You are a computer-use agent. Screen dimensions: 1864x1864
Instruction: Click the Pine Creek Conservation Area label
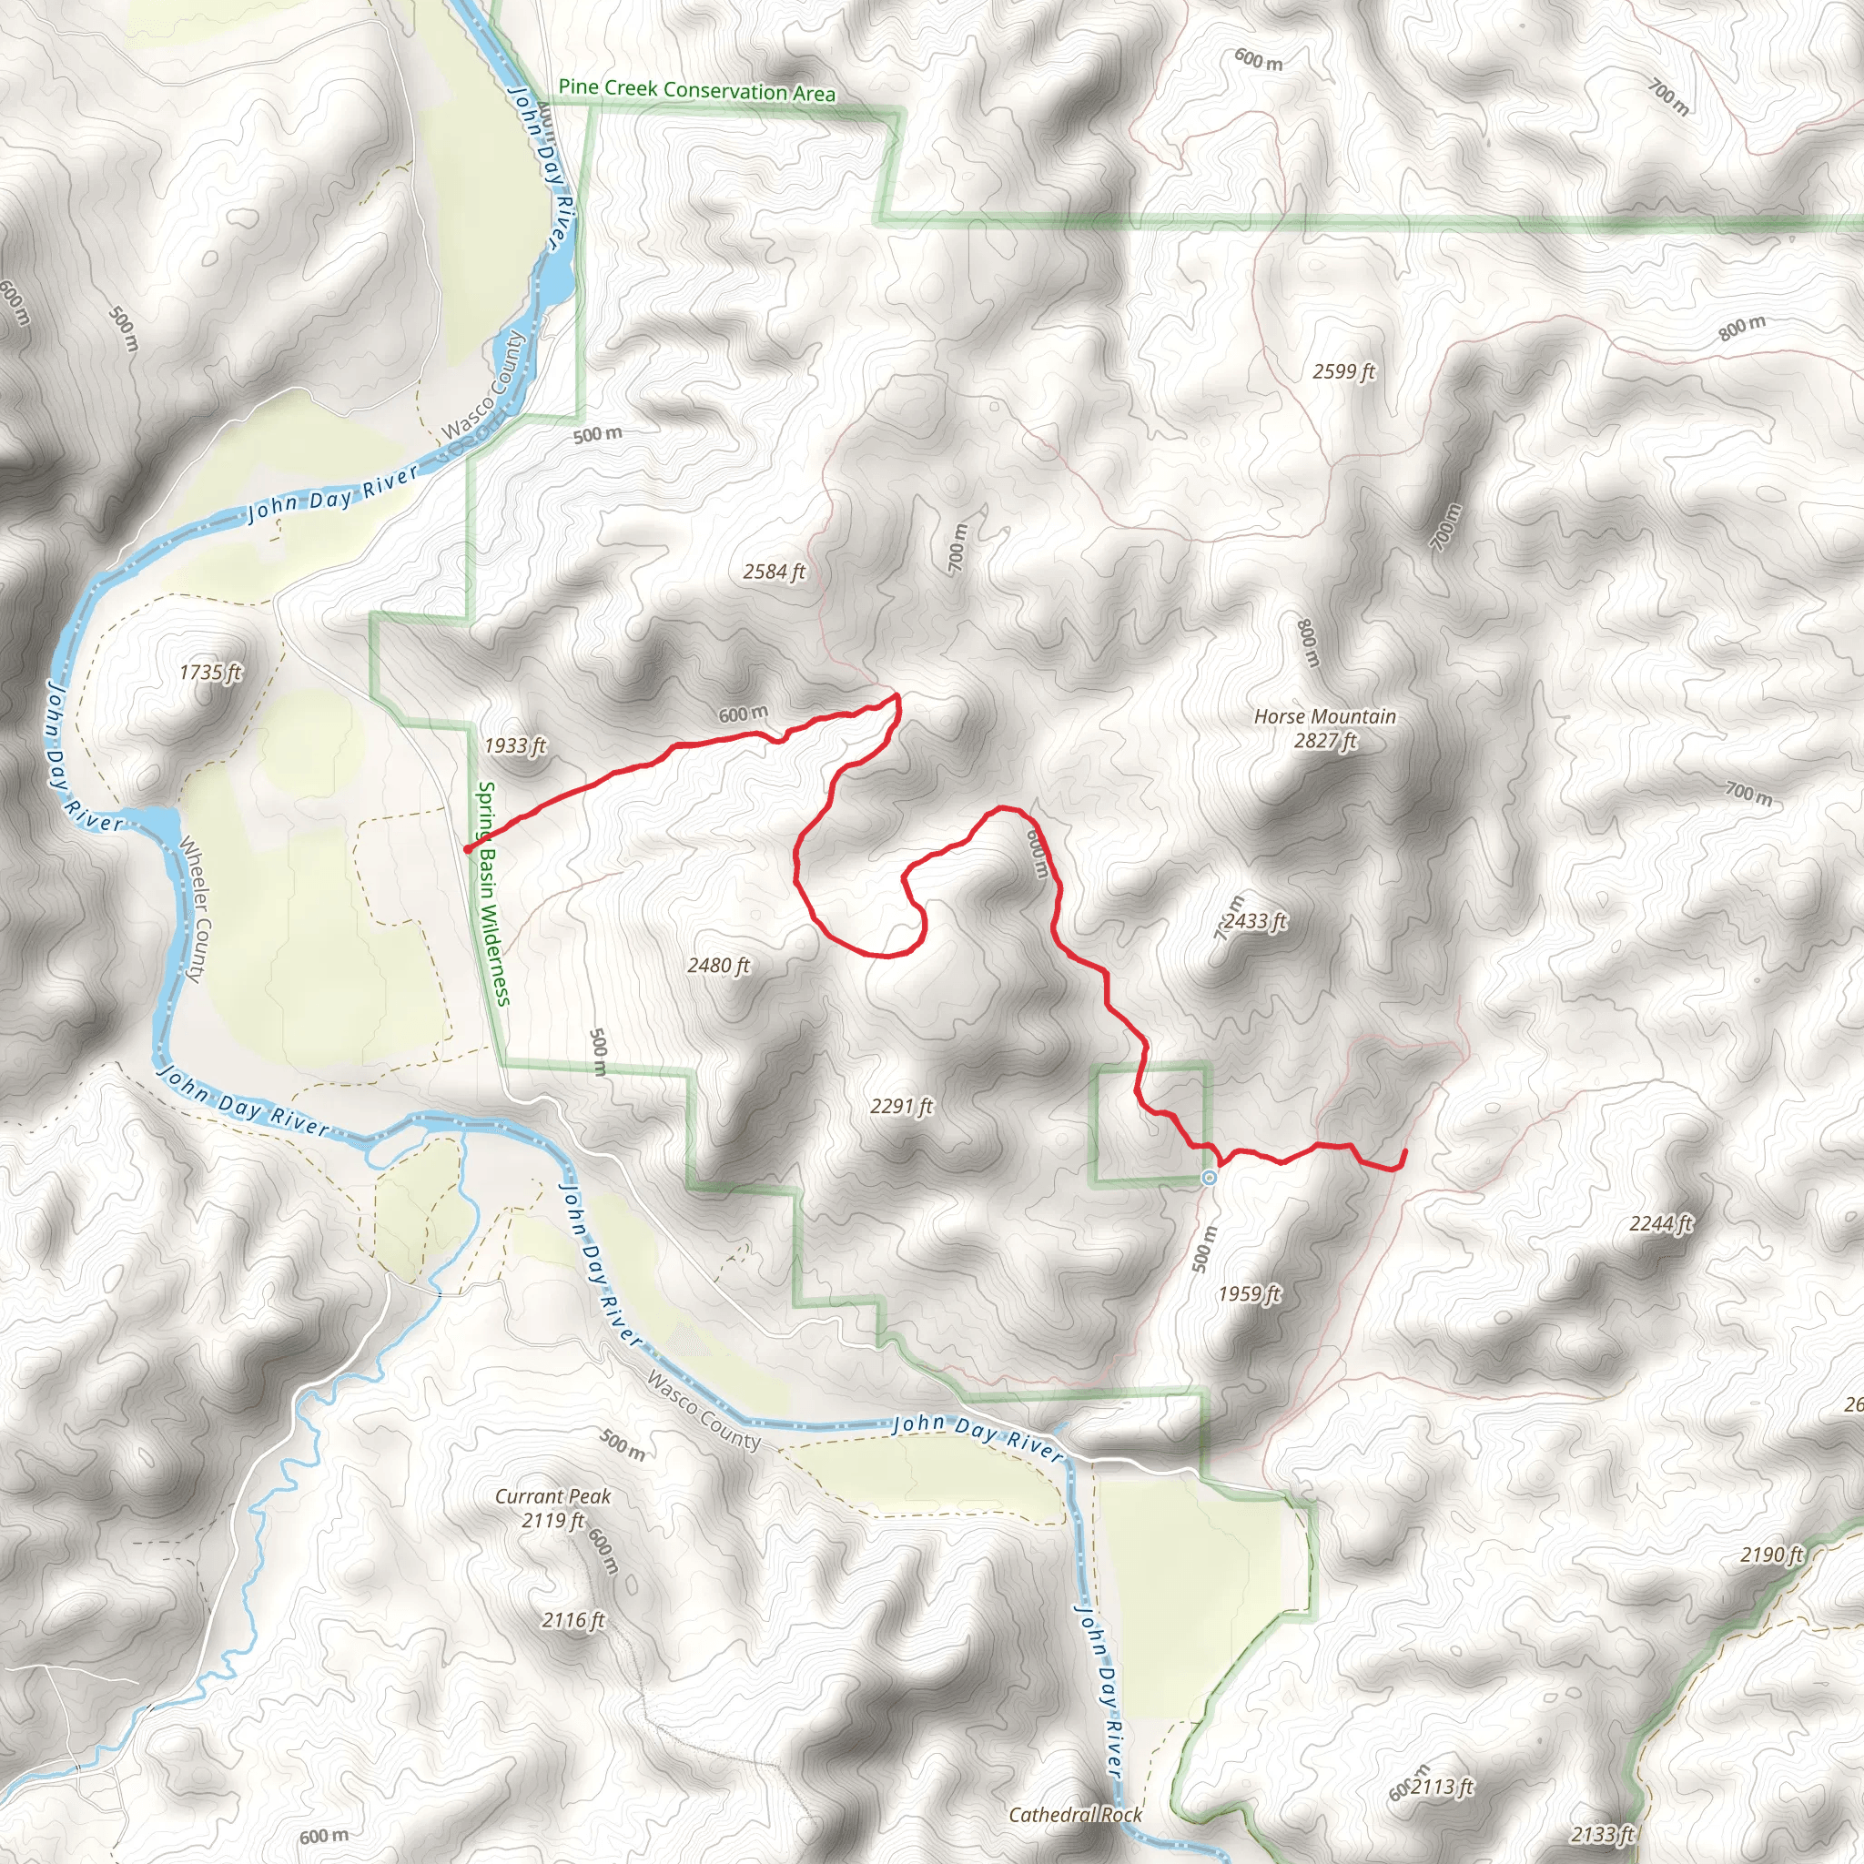pos(696,90)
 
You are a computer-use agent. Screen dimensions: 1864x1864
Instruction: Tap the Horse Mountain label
pos(1324,717)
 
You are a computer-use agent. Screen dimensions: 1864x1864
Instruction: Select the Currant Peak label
pos(552,1496)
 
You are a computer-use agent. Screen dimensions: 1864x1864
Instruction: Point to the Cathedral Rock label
pos(1075,1815)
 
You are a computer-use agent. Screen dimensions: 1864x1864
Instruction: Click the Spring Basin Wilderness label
pos(493,894)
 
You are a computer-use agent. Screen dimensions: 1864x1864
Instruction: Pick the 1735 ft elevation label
pos(210,672)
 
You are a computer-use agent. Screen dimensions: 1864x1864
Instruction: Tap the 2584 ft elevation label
pos(774,572)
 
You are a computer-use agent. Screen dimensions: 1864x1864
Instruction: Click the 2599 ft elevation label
pos(1344,371)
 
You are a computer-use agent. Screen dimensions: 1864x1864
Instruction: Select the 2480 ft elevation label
pos(718,966)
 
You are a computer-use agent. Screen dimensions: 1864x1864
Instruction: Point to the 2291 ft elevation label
pos(901,1107)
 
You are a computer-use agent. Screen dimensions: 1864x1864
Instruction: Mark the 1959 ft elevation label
pos(1250,1294)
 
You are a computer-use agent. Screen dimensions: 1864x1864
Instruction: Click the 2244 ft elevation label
pos(1660,1224)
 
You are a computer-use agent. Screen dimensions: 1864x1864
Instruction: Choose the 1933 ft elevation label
pos(515,745)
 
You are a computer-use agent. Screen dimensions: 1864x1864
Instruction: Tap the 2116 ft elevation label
pos(573,1620)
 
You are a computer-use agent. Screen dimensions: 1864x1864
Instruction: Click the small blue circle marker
pos(1209,1178)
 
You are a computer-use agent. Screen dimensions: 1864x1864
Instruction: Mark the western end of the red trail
pos(468,849)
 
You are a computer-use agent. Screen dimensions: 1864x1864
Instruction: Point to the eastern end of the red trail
pos(1403,1152)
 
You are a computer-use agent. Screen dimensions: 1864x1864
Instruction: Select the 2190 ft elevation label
pos(1771,1555)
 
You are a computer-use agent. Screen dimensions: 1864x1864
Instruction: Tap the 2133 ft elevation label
pos(1603,1834)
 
